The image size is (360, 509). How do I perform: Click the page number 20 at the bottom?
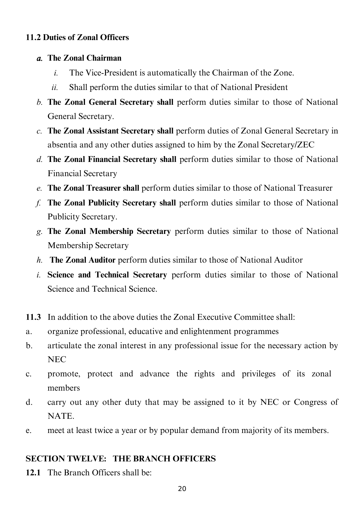coord(182,489)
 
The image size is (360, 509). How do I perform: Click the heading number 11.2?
coord(34,37)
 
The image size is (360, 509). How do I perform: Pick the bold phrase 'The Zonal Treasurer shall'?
coord(93,188)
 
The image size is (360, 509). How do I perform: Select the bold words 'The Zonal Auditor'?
coord(83,260)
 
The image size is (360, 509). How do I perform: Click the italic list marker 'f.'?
coord(38,203)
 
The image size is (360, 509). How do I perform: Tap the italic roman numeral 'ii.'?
coord(55,87)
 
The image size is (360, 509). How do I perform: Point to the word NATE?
coord(61,416)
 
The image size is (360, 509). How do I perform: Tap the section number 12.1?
coord(33,472)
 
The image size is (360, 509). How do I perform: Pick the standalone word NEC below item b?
coord(57,360)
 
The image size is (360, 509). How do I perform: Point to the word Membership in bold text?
coord(111,231)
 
